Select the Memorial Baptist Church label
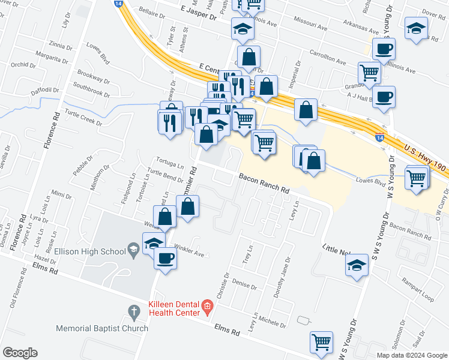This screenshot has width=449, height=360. click(102, 328)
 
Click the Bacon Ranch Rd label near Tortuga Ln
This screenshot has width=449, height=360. click(264, 184)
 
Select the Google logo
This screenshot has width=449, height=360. click(20, 353)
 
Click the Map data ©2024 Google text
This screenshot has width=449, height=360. click(412, 355)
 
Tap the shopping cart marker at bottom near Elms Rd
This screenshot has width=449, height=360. click(321, 342)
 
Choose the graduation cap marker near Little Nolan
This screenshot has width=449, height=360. click(357, 265)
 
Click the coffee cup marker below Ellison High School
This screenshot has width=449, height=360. click(165, 259)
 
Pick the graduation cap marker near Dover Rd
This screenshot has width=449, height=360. click(415, 28)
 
